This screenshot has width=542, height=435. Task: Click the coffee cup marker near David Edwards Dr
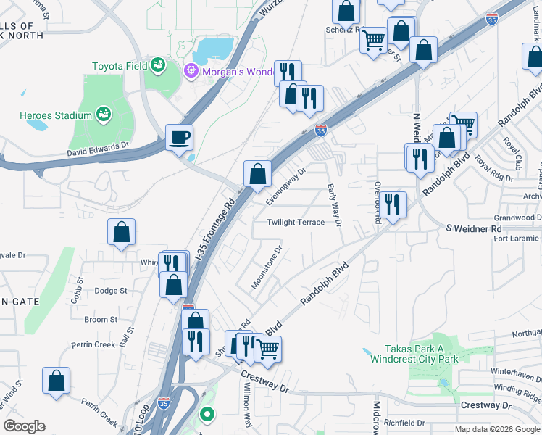pos(179,136)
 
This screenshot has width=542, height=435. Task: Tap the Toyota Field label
pos(119,66)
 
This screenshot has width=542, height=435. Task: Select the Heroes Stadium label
pos(57,115)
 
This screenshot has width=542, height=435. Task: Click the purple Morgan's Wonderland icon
pos(191,70)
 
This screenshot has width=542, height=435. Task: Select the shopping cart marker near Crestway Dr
pos(268,348)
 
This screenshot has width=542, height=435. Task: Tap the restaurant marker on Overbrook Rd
pos(392,204)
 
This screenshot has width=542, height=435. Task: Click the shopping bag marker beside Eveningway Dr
pos(257,173)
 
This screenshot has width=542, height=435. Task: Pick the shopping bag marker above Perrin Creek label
pos(57,381)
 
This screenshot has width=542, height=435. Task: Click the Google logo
pos(24,426)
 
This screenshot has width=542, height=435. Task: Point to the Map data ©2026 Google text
pos(496,429)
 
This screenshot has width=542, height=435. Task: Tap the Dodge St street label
pos(111,291)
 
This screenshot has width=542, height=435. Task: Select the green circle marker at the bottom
pos(207,415)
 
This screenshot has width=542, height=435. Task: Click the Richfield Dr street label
pos(404,422)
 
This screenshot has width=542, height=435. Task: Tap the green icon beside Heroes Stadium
pos(104,115)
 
